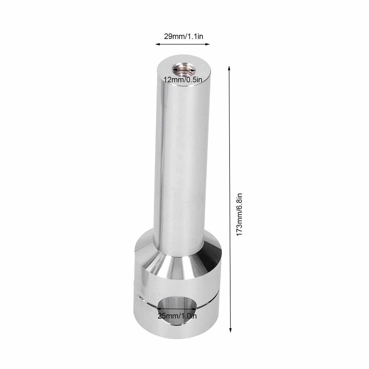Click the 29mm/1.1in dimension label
183,36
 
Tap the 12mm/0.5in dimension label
183,80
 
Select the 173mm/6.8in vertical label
239,214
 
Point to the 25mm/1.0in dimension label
177,316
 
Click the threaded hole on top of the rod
184,69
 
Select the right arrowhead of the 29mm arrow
208,44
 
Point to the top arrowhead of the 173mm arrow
229,68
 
